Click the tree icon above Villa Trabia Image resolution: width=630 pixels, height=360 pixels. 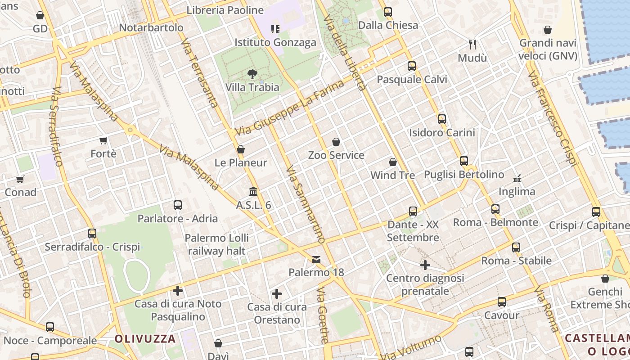pyautogui.click(x=252, y=73)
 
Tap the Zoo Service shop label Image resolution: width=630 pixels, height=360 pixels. pyautogui.click(x=336, y=155)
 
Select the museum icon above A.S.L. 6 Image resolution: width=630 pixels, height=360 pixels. pyautogui.click(x=253, y=192)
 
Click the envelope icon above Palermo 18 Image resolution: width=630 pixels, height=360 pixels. pyautogui.click(x=316, y=259)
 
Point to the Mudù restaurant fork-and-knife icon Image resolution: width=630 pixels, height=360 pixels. pyautogui.click(x=472, y=44)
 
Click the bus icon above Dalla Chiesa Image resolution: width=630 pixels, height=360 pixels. pyautogui.click(x=388, y=12)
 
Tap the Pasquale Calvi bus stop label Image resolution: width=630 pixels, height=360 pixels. pyautogui.click(x=412, y=80)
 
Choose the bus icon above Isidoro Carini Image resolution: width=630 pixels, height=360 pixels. pyautogui.click(x=442, y=119)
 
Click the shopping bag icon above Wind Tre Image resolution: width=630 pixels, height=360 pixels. pyautogui.click(x=393, y=162)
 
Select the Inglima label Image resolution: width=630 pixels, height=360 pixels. pyautogui.click(x=517, y=192)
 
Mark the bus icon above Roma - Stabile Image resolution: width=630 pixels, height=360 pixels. pyautogui.click(x=516, y=247)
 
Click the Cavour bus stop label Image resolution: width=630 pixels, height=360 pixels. pyautogui.click(x=502, y=315)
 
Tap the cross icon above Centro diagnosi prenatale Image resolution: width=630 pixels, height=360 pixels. pyautogui.click(x=425, y=265)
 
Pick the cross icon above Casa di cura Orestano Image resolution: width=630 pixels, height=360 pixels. pyautogui.click(x=277, y=294)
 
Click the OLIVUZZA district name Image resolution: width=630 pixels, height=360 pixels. pyautogui.click(x=145, y=339)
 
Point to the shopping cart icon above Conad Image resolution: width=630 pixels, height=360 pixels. pyautogui.click(x=20, y=180)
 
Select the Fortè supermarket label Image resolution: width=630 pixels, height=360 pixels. pyautogui.click(x=103, y=154)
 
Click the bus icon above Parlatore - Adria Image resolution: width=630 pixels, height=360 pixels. pyautogui.click(x=178, y=206)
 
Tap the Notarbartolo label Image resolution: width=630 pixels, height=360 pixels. pyautogui.click(x=151, y=28)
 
